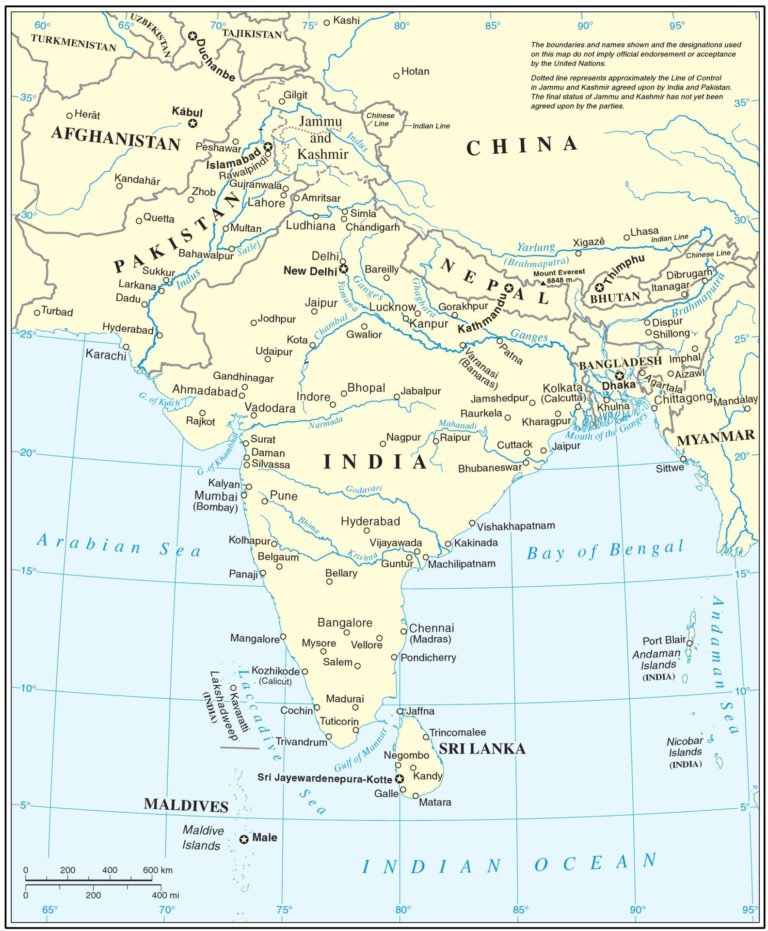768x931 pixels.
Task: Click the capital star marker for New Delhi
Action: click(343, 269)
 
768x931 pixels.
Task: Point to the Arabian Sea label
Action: click(118, 546)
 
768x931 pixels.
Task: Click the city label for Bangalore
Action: click(345, 622)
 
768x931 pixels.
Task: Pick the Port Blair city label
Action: click(662, 641)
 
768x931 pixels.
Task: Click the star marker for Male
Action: click(244, 839)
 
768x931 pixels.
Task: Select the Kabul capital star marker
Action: click(193, 123)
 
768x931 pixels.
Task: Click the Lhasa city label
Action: click(644, 232)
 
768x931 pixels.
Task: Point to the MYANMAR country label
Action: click(716, 437)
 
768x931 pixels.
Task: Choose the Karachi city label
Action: click(106, 355)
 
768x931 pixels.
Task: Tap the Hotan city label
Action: click(414, 72)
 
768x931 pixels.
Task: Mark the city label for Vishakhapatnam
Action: click(516, 526)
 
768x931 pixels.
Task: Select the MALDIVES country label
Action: click(185, 805)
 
